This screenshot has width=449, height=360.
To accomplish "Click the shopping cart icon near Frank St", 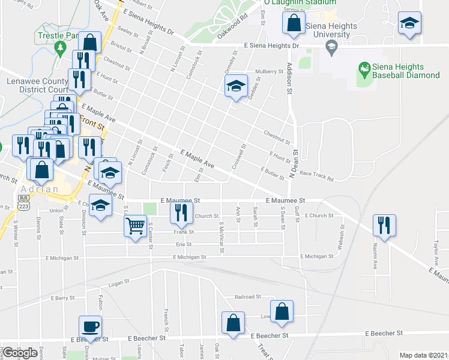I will click(136, 226).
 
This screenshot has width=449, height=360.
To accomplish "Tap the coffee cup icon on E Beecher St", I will click(90, 327).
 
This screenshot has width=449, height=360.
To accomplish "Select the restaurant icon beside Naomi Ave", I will click(384, 225).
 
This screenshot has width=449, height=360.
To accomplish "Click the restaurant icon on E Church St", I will click(180, 212).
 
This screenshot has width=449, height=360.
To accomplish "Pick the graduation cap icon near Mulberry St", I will click(237, 87).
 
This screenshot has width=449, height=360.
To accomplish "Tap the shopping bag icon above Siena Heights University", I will click(294, 24).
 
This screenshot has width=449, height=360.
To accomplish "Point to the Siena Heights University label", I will click(328, 31).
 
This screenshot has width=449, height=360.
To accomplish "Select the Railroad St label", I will click(248, 296).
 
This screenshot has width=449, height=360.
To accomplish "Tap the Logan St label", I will click(119, 282).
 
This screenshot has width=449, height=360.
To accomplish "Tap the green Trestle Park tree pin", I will click(59, 47).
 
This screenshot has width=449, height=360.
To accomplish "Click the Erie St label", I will click(183, 244).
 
